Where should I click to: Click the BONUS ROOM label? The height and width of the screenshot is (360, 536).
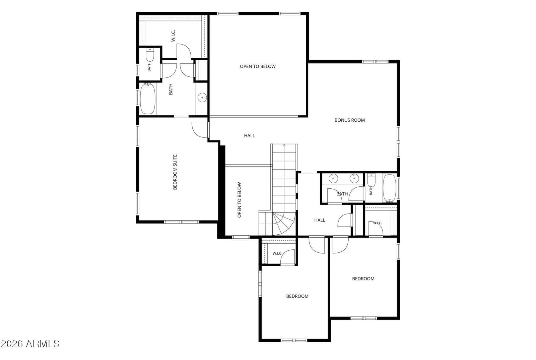(x=350, y=120)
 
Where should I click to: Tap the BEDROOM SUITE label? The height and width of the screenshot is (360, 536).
(x=175, y=172)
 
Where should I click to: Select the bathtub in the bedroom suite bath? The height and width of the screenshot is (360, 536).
(x=148, y=99)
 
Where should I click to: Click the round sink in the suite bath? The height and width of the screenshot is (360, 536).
(x=202, y=98)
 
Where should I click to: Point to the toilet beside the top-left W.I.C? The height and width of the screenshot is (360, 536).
(x=150, y=55)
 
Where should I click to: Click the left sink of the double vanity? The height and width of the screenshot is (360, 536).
(x=333, y=178)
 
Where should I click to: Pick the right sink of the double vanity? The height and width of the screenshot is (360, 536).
(x=354, y=178)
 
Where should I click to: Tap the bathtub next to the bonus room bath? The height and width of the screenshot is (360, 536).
(x=390, y=188)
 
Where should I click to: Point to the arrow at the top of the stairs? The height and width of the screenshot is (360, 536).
(x=284, y=145)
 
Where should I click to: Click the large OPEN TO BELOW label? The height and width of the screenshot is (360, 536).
(x=258, y=66)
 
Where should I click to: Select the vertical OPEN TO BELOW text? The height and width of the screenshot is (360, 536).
(x=239, y=200)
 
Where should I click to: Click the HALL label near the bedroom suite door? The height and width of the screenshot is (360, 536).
(x=249, y=136)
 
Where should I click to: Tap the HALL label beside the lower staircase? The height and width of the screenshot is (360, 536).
(x=320, y=220)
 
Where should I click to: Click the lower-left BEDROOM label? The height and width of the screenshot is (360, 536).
(x=297, y=296)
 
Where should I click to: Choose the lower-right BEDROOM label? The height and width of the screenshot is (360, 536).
(x=363, y=279)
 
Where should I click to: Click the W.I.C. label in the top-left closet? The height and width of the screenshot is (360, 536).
(x=173, y=36)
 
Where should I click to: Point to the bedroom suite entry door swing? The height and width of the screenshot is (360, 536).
(x=200, y=130)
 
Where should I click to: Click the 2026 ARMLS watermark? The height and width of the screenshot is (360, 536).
(x=30, y=344)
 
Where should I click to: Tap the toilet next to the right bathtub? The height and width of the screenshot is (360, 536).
(x=371, y=180)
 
